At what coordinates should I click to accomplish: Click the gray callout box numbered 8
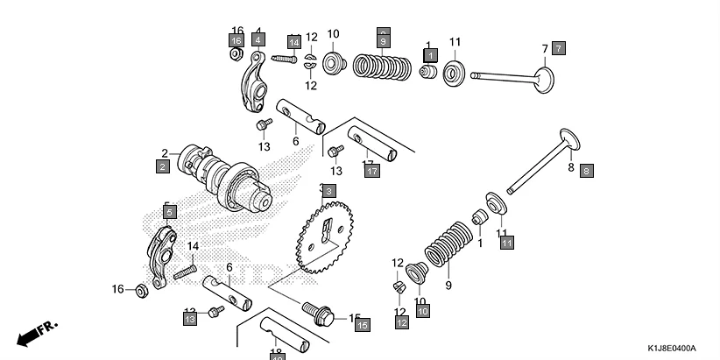coord(586,172)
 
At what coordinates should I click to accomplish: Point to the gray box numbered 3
coord(328,190)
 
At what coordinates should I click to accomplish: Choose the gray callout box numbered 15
coord(363,324)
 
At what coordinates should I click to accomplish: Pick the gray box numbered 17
coord(372,171)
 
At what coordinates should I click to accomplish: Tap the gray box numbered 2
coord(163,166)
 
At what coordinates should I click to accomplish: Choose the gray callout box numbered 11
coord(506,243)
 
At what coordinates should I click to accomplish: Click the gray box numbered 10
coord(422,310)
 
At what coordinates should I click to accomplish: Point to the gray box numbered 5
coord(169,211)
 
